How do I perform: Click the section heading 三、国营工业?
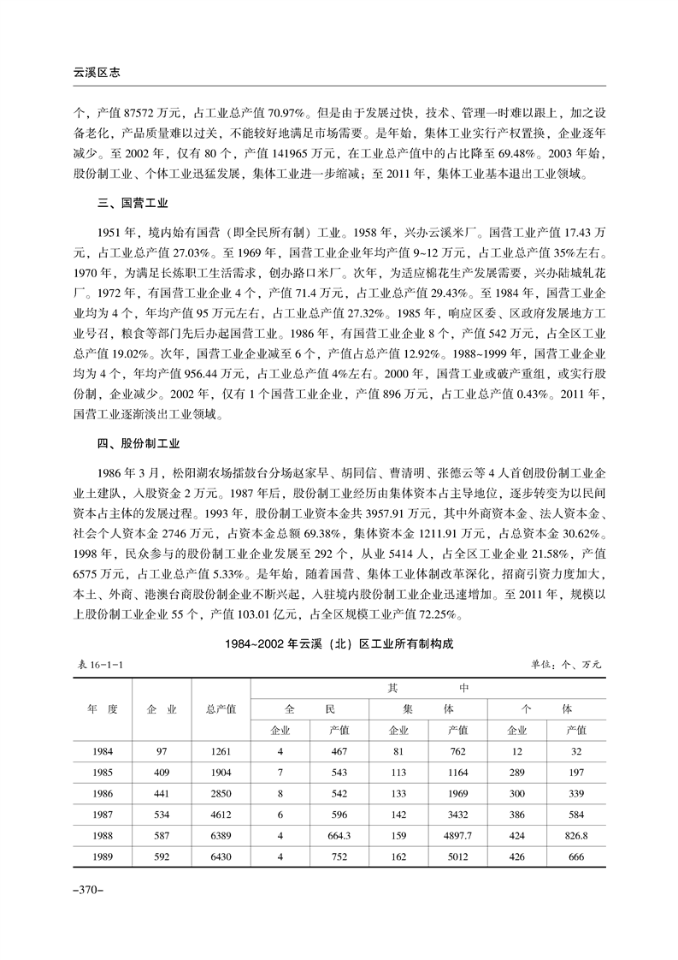pos(131,205)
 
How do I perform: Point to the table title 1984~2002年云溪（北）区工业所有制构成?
pos(339,647)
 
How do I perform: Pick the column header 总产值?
pos(221,709)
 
